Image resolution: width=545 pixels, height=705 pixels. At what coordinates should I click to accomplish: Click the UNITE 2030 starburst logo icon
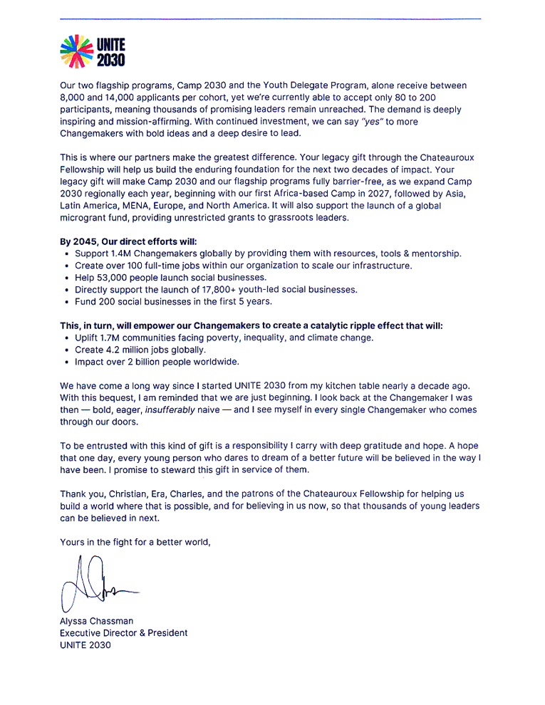(x=77, y=52)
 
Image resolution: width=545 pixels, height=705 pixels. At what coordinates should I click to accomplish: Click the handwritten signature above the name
(x=96, y=587)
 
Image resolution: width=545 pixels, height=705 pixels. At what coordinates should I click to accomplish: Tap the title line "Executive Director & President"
(x=123, y=633)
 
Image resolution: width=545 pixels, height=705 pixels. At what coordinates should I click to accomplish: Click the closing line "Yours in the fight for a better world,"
(x=135, y=542)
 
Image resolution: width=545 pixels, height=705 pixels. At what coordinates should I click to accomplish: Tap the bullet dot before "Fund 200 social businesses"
(x=66, y=301)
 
